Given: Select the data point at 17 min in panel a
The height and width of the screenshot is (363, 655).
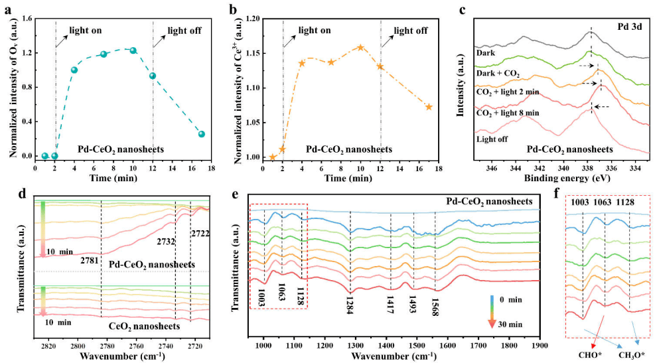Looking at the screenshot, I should click(x=201, y=134).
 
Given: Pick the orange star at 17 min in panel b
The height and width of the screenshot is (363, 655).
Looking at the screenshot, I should click(x=429, y=107).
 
